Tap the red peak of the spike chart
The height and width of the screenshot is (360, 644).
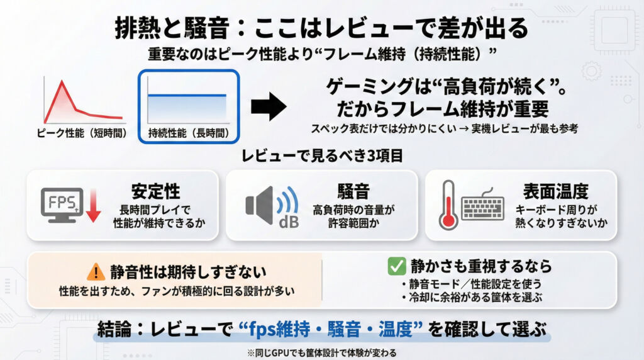coord(60,82)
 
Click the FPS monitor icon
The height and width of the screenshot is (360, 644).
coord(61,203)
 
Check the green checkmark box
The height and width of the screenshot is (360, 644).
coord(396,266)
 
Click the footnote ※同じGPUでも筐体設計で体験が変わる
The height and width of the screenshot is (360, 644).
coord(321,351)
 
